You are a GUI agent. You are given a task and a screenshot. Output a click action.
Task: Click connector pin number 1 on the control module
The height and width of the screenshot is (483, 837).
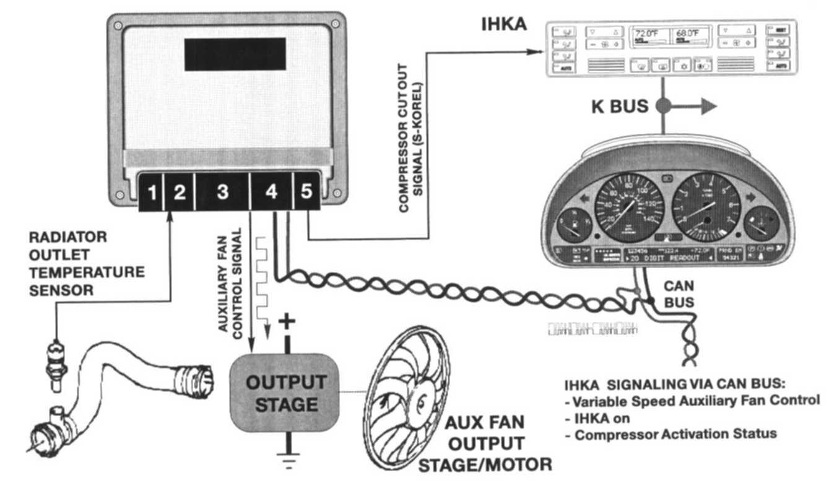tap(151, 193)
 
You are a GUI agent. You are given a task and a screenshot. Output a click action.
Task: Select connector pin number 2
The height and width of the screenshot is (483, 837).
tap(179, 193)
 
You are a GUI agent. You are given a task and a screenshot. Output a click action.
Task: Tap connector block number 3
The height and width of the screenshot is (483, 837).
tap(222, 193)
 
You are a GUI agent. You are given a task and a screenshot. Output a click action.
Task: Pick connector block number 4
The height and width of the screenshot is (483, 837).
tap(271, 193)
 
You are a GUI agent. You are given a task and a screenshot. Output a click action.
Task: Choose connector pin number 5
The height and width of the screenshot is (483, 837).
tap(306, 192)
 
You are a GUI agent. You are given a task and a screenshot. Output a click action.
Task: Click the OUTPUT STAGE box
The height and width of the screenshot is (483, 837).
tap(286, 393)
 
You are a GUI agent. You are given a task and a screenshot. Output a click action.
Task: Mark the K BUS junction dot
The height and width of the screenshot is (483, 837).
tap(662, 106)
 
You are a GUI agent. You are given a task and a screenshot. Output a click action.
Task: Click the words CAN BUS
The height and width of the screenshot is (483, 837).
tap(679, 294)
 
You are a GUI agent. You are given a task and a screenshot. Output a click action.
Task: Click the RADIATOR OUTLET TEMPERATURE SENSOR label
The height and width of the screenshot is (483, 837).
tap(87, 263)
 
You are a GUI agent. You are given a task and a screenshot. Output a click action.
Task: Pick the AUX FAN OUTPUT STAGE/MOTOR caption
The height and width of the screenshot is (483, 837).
tap(485, 443)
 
